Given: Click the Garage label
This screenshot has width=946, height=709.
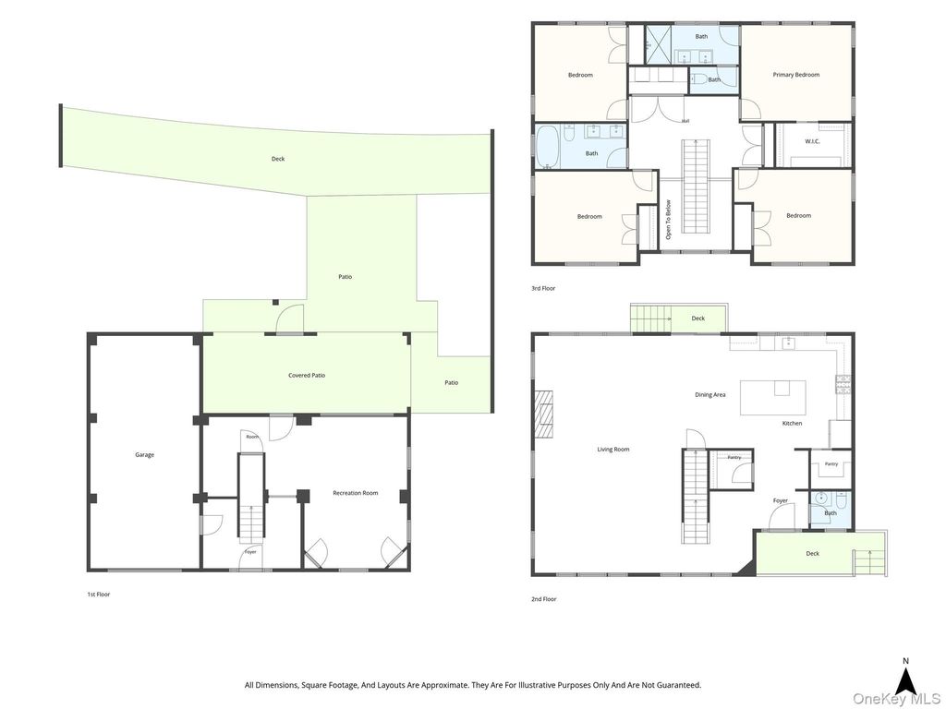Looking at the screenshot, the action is (144, 454).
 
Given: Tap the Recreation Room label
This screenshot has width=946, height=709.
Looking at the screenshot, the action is (356, 493).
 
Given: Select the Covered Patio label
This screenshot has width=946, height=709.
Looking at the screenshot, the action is (307, 375).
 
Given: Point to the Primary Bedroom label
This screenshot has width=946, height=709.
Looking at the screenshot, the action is (795, 75).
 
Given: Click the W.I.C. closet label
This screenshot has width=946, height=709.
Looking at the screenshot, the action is (813, 141).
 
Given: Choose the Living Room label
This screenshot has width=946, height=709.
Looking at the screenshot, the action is (613, 450).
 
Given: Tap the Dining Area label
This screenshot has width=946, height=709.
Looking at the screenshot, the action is (710, 395).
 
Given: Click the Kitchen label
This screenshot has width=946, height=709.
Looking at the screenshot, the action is (792, 423).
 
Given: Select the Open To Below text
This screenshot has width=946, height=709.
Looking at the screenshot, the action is (668, 220).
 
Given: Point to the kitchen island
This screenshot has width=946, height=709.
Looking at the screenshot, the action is (773, 397).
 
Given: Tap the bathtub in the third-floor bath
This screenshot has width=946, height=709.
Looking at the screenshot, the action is (548, 148).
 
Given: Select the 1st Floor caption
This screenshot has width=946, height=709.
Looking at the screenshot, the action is (98, 595).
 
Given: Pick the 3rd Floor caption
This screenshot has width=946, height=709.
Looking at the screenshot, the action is (543, 288).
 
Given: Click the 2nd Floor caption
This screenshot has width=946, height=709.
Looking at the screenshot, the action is (543, 599).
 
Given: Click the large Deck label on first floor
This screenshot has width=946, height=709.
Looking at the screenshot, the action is (277, 159).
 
